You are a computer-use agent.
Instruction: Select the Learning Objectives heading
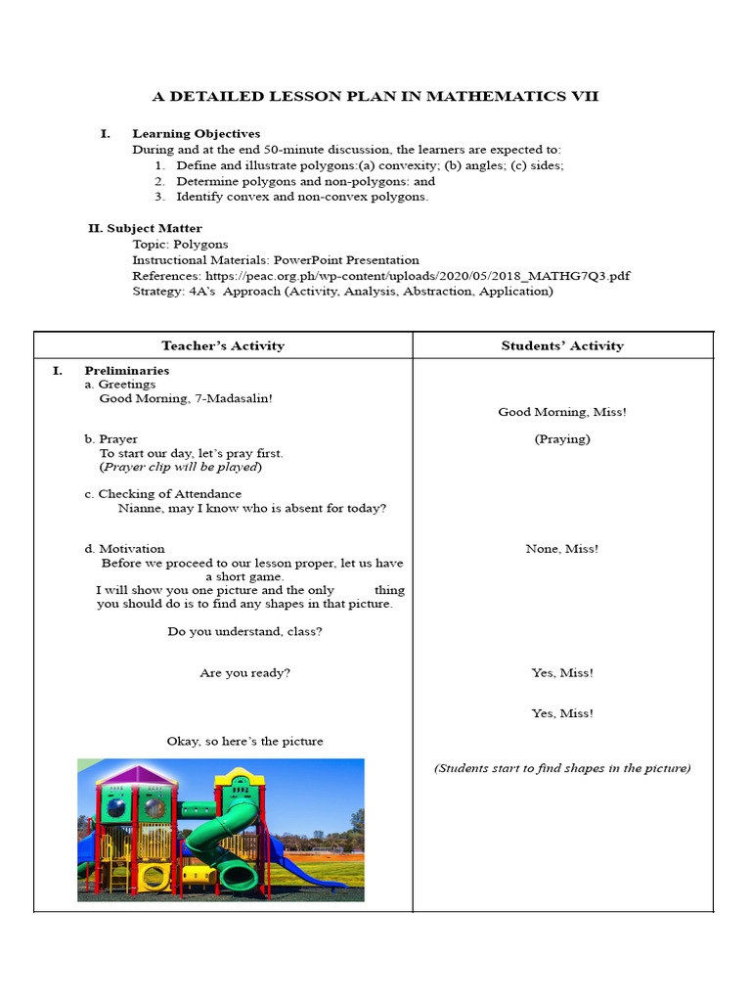(196, 133)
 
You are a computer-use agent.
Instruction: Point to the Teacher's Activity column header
(223, 345)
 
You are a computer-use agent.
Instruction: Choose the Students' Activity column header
(562, 345)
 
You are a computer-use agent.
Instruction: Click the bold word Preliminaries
(127, 371)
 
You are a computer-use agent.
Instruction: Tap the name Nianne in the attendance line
(140, 508)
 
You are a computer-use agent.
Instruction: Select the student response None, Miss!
(562, 549)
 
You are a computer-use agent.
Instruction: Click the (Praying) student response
(562, 439)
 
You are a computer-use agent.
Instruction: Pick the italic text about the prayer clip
(181, 467)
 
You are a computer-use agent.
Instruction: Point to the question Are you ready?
(244, 673)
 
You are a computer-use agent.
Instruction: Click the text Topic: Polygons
(180, 245)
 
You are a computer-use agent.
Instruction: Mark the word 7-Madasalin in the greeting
(236, 398)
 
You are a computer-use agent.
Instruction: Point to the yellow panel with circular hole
(155, 877)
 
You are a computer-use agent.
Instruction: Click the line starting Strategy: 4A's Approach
(342, 292)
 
